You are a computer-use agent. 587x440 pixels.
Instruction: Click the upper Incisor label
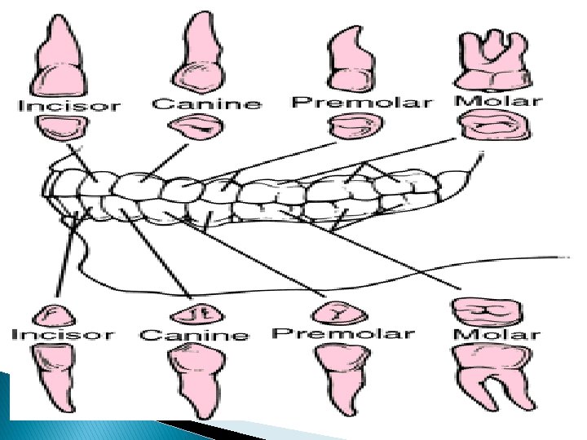click(x=70, y=106)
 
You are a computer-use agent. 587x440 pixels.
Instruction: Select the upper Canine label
click(x=207, y=103)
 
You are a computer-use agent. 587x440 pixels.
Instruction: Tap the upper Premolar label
click(x=360, y=103)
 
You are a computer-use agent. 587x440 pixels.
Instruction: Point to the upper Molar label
click(x=497, y=101)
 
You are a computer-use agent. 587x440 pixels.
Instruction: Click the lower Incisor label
click(x=64, y=334)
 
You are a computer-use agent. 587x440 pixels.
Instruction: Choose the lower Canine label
click(x=194, y=335)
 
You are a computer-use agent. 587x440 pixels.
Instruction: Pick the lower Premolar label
click(x=343, y=332)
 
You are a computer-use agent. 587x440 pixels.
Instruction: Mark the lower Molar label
click(x=497, y=333)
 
